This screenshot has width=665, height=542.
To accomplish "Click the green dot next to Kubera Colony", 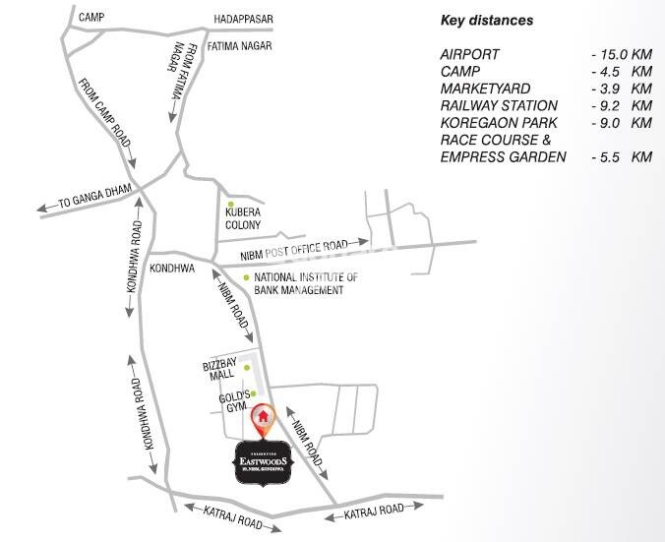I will coord(230,204).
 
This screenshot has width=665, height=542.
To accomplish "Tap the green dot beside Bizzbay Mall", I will coord(233,368).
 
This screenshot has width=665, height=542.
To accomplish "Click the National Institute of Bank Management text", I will coord(305,284).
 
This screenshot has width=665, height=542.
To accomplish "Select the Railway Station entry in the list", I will coord(499,105).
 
